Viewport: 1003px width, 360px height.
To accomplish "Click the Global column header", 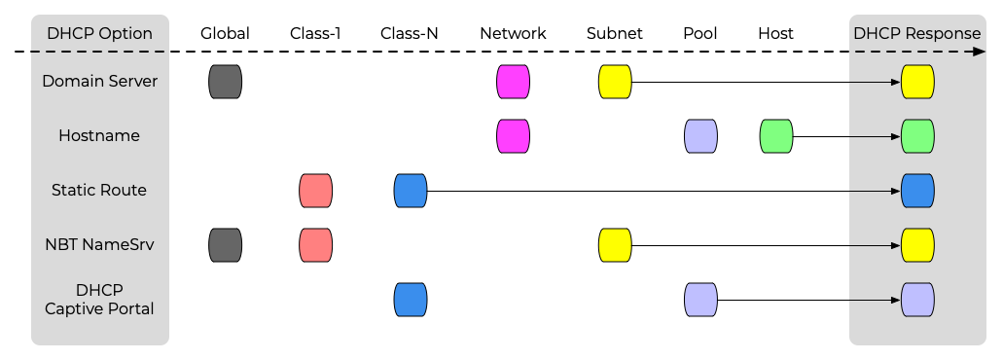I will [225, 33].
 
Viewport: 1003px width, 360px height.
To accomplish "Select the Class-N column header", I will [410, 33].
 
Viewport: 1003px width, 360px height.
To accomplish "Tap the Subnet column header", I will [615, 33].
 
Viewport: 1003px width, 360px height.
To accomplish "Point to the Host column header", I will [775, 33].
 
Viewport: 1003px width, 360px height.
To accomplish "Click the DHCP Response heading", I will [916, 33].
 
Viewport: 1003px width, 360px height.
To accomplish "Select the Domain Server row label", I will [99, 82].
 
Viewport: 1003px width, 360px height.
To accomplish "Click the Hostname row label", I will [99, 136].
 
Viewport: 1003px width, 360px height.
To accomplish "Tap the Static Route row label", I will [99, 191].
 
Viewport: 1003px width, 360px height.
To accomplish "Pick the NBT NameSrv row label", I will [99, 245].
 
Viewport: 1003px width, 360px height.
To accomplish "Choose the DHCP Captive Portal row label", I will [99, 300].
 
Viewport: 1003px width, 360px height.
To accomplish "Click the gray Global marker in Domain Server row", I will [226, 82].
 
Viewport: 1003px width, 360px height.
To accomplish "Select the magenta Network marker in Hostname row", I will [514, 136].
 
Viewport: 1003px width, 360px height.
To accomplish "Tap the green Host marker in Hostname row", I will [776, 136].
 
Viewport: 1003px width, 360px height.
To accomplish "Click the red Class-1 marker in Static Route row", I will [316, 191].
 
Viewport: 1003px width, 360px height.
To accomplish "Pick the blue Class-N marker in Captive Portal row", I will [411, 300].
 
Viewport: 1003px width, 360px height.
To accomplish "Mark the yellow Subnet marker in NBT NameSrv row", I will [615, 245].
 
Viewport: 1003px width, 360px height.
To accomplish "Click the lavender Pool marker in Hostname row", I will [701, 136].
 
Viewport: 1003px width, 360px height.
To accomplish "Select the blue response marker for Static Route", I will [918, 191].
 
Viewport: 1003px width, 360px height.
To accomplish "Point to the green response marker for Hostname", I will [918, 136].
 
